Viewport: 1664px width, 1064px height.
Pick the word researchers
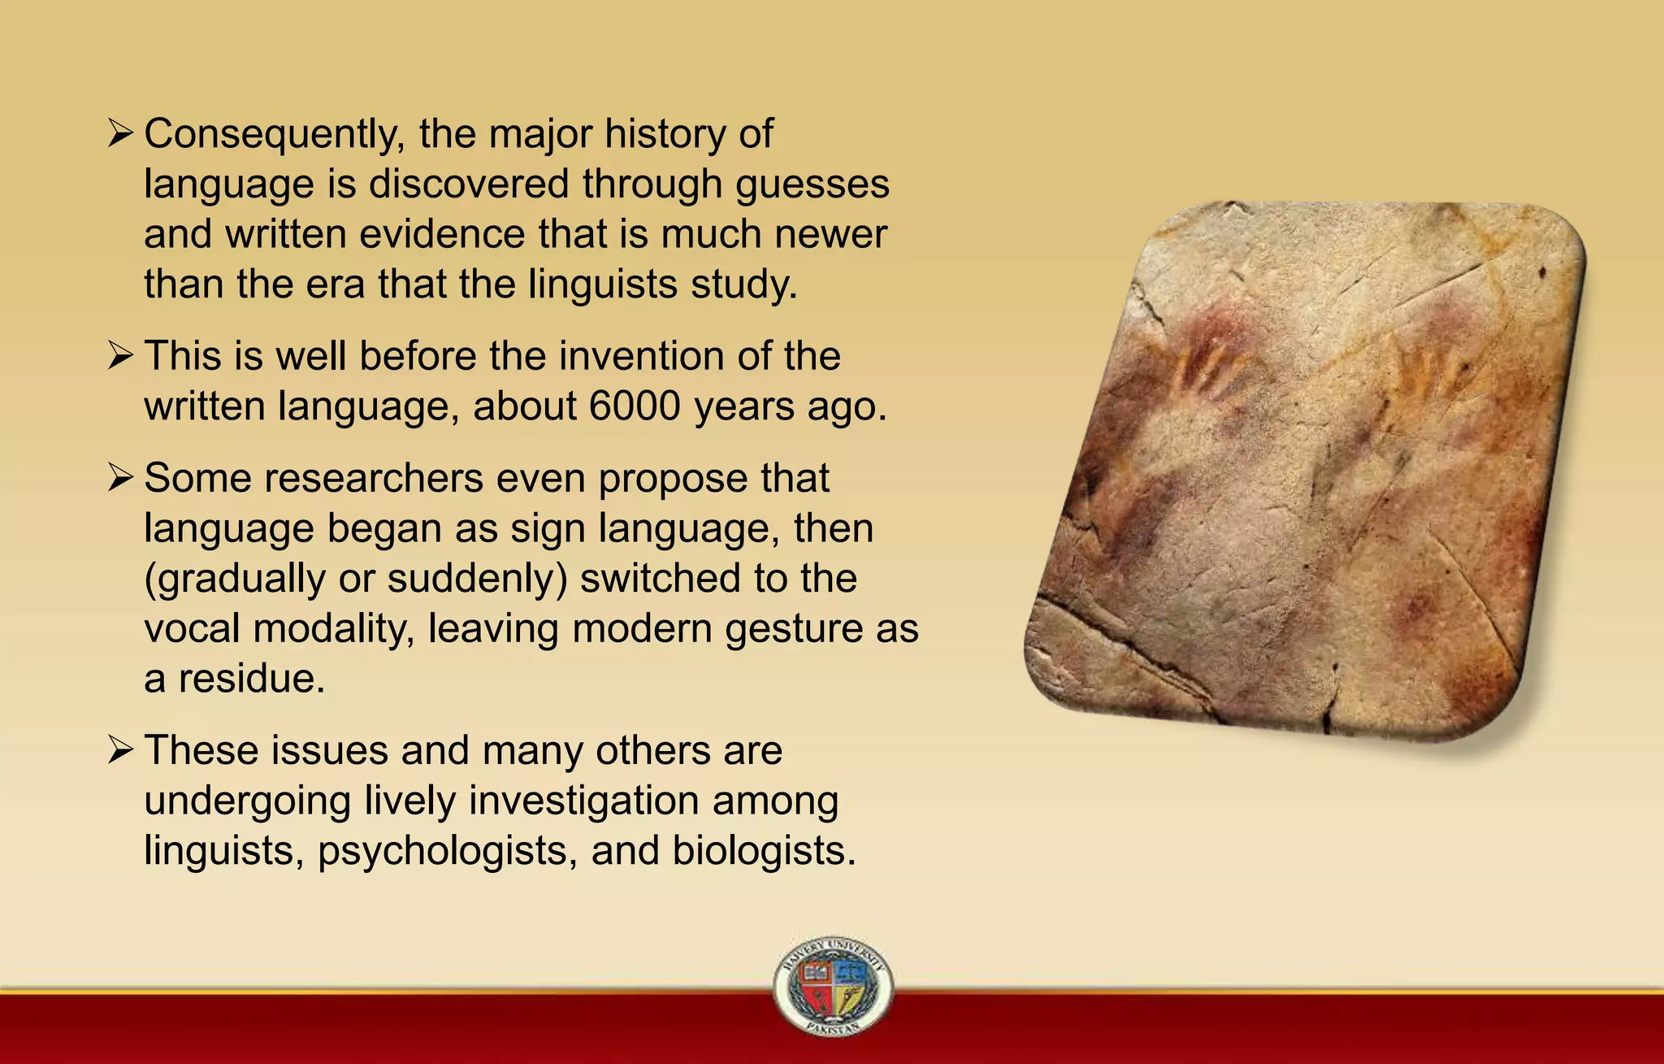(373, 478)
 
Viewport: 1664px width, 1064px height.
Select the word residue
(250, 679)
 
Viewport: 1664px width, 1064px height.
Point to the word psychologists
(448, 851)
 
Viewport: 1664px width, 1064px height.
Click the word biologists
(764, 851)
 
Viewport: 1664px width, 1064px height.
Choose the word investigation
(583, 801)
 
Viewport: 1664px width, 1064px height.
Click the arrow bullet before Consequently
(119, 134)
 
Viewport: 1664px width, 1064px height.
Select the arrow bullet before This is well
(119, 356)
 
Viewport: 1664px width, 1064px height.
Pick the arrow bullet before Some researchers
(119, 478)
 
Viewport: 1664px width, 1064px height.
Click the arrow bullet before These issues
(119, 750)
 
